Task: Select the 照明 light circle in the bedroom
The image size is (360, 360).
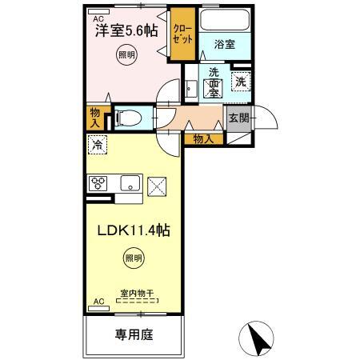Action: (126, 55)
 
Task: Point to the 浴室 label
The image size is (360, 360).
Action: (225, 45)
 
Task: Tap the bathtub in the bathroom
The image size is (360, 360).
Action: (225, 22)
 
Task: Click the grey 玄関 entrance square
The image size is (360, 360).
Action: (238, 118)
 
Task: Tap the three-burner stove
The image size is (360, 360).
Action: (98, 184)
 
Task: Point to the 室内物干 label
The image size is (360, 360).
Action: (136, 294)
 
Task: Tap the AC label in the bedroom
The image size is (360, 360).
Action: (98, 18)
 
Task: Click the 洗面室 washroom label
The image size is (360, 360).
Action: (214, 82)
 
